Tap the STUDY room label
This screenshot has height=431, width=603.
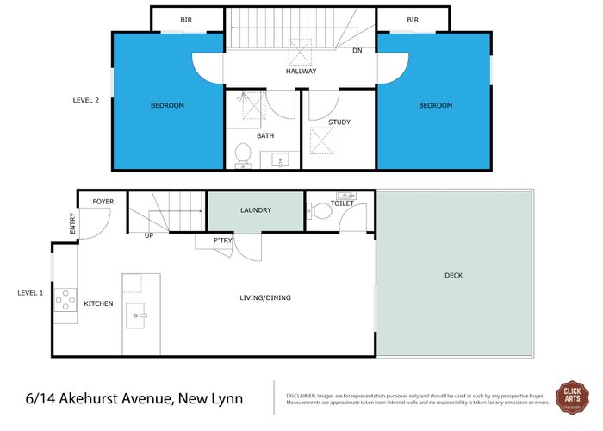click(x=339, y=122)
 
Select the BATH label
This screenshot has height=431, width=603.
click(x=265, y=136)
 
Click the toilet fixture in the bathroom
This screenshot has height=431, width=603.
click(x=242, y=154)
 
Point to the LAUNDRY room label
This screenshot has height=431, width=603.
click(x=256, y=209)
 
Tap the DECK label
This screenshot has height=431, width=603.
click(x=454, y=276)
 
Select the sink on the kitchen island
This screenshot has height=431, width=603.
click(x=137, y=316)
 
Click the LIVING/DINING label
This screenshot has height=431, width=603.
click(x=265, y=298)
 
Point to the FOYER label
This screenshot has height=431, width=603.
click(x=103, y=202)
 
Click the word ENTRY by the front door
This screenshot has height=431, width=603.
click(x=72, y=223)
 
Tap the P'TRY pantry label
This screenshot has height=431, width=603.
click(x=223, y=240)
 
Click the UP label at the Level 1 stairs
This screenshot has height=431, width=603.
click(x=149, y=234)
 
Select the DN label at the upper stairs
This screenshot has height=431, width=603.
click(x=357, y=51)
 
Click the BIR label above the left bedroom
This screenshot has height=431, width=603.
click(x=186, y=20)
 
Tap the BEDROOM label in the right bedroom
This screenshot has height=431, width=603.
click(x=435, y=105)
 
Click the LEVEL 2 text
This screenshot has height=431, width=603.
click(x=86, y=100)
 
